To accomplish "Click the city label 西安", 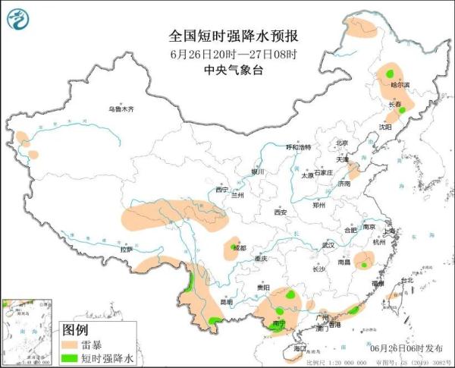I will (x=281, y=212).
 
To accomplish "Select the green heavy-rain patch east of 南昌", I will (x=364, y=265).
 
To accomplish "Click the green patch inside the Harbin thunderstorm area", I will (x=389, y=74).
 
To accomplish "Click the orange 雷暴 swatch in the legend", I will (x=71, y=344).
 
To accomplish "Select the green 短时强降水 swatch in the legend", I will (x=71, y=357).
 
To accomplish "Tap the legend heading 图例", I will (x=76, y=330).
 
